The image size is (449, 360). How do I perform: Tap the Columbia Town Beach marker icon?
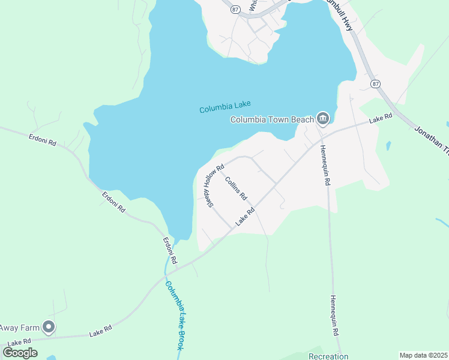coord(323,119)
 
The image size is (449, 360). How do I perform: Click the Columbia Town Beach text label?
coord(273,119)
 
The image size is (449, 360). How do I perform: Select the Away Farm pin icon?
coord(49,327)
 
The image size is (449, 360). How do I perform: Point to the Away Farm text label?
coord(19,328)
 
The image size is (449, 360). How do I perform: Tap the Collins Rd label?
coord(236,188)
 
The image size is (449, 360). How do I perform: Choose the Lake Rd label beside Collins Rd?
coord(246,217)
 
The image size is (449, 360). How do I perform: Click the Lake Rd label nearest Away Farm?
coord(100,330)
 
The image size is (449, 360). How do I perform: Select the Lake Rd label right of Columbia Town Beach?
coord(381,119)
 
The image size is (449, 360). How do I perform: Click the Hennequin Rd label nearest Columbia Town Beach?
coord(324,164)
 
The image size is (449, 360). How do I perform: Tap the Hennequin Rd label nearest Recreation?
coord(334,315)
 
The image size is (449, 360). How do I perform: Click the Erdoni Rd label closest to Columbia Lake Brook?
coord(170,251)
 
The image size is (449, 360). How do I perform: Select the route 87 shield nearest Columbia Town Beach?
coord(375,83)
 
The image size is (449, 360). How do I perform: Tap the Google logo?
coord(20,353)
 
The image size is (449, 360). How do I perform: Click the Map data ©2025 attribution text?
coord(423,355)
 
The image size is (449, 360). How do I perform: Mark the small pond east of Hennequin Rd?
coord(388,146)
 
